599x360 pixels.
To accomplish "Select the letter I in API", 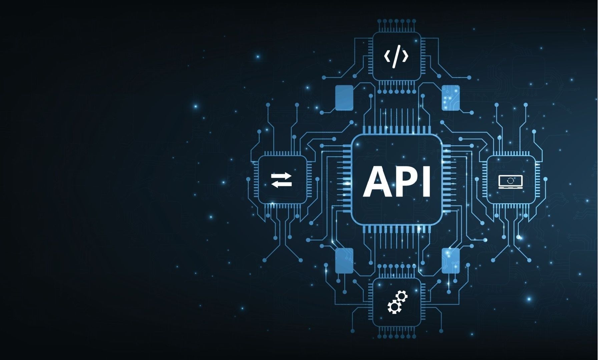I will [x=426, y=182].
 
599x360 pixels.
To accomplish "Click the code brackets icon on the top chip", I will [x=396, y=57].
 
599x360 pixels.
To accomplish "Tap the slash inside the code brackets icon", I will [x=396, y=57].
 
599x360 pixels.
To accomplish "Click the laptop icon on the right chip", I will [x=510, y=182].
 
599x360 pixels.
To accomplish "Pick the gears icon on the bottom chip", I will [x=398, y=302].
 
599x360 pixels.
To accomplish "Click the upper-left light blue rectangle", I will [x=344, y=97].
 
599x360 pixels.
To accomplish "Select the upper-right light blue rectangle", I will [x=451, y=97].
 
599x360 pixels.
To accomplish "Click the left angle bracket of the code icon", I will [x=387, y=57].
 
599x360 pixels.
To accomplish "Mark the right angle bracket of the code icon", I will [x=405, y=57].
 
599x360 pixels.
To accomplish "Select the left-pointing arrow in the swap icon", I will [x=282, y=184].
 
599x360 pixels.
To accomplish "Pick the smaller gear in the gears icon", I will [x=403, y=296].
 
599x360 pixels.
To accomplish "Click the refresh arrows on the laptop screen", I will [x=510, y=180].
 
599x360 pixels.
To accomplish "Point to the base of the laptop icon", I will [x=510, y=188].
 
